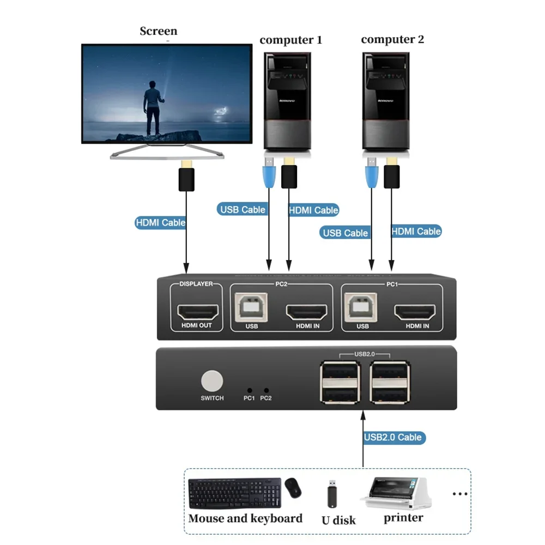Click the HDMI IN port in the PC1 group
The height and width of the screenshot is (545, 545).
coord(417,312)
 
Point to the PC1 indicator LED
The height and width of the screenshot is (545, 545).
coord(250,390)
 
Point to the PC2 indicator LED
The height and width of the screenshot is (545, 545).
coord(266,390)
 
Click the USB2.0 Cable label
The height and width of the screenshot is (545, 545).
coord(393,437)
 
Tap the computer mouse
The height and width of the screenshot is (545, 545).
coord(293,488)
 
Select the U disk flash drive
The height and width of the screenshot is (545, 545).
coord(331,494)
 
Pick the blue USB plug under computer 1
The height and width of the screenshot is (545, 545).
coord(269,172)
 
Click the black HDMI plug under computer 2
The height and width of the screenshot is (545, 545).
coord(391,173)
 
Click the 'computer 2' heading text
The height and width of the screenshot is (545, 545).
coord(392,39)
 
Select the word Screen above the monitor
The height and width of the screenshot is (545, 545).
coord(158,31)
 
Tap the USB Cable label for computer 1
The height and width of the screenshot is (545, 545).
coord(243,209)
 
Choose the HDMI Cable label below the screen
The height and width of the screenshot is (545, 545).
coord(160,222)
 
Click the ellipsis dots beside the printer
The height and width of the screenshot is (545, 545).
coord(460,494)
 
